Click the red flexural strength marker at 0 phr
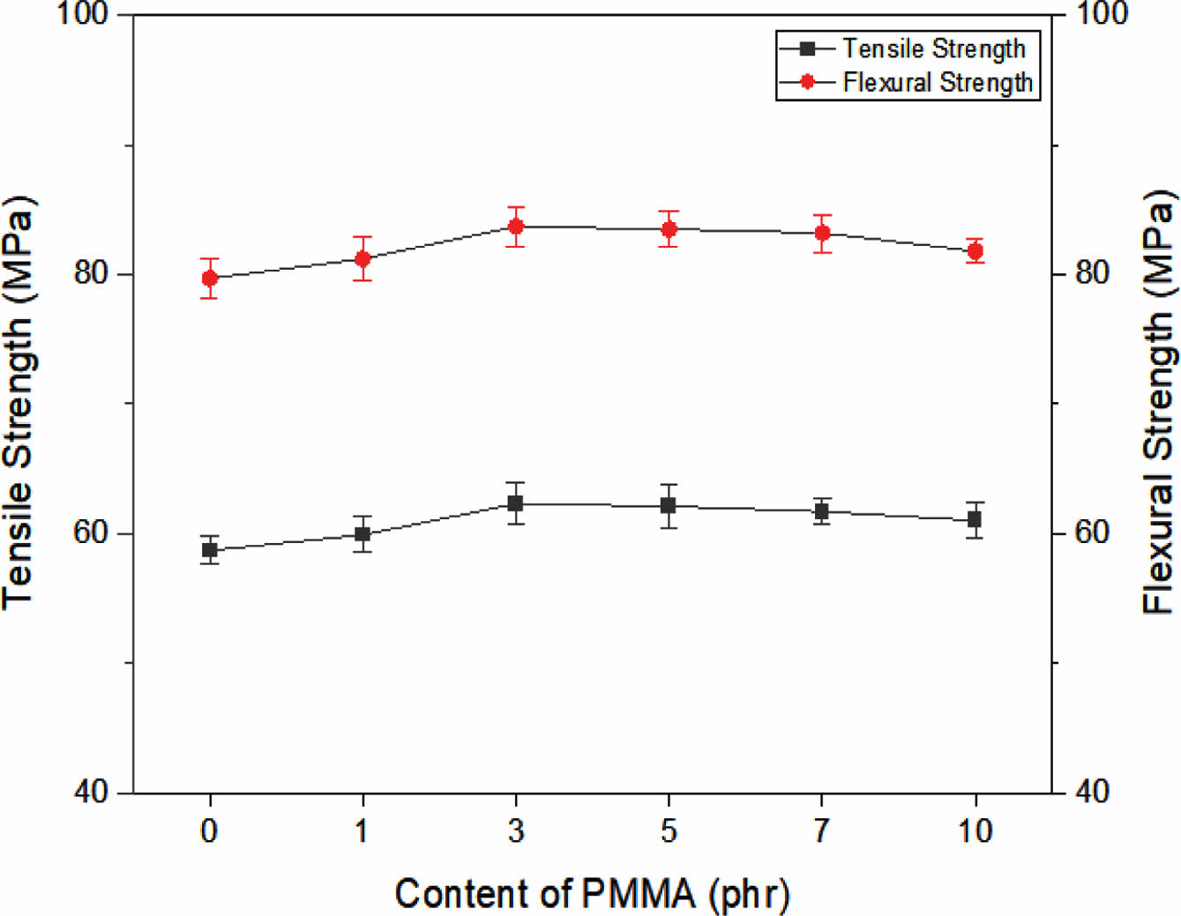[x=210, y=279]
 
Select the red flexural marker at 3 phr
[x=516, y=227]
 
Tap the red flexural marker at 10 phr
[x=975, y=251]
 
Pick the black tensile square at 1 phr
[x=363, y=533]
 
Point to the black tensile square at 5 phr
[x=669, y=505]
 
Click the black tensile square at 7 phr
[x=822, y=511]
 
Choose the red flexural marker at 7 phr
[x=822, y=233]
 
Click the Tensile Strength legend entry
[x=933, y=48]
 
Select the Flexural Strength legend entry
[x=937, y=82]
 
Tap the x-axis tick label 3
[x=516, y=830]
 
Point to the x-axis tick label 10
[x=975, y=830]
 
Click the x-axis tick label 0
[x=209, y=830]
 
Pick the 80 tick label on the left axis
[x=91, y=273]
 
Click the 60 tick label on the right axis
[x=1092, y=532]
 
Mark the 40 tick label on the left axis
[x=91, y=792]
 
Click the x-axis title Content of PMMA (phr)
[x=592, y=893]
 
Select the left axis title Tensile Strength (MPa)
[x=19, y=401]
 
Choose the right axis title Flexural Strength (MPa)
[x=1160, y=401]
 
